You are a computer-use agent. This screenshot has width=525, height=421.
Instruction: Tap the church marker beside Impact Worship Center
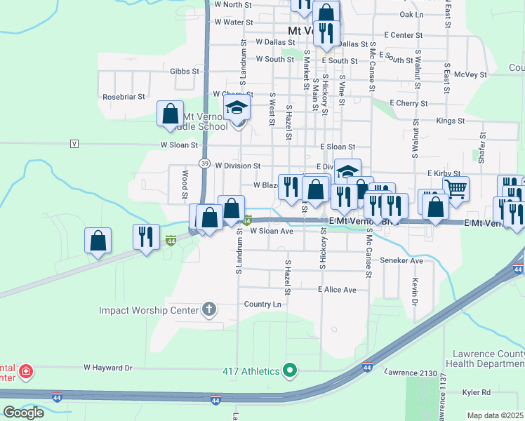(208, 309)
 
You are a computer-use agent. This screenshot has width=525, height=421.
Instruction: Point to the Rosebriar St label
(124, 97)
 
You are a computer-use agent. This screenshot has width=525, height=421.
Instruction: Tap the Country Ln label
(262, 304)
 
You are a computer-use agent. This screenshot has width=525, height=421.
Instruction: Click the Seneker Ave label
(401, 260)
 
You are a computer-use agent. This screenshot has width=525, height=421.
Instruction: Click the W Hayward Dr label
(108, 367)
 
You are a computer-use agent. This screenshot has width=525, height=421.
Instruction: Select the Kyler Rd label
(475, 413)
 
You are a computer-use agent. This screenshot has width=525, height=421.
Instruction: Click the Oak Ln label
(411, 14)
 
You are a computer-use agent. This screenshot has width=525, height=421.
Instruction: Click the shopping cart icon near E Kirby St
(456, 187)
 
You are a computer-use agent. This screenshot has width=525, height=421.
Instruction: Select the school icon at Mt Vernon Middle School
(237, 108)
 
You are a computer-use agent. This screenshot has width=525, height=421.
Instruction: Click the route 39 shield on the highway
(204, 163)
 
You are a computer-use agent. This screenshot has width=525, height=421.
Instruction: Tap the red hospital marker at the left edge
(25, 371)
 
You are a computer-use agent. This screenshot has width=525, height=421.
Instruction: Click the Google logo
(23, 413)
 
